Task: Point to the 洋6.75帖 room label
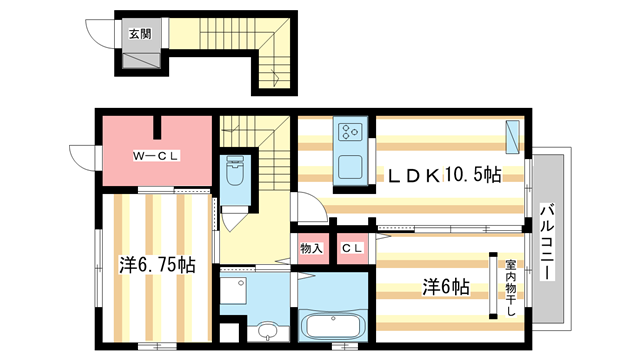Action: click(157, 266)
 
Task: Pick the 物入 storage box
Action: click(311, 248)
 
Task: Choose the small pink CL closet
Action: click(351, 248)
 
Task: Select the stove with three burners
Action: click(352, 132)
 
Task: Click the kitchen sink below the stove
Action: click(351, 166)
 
